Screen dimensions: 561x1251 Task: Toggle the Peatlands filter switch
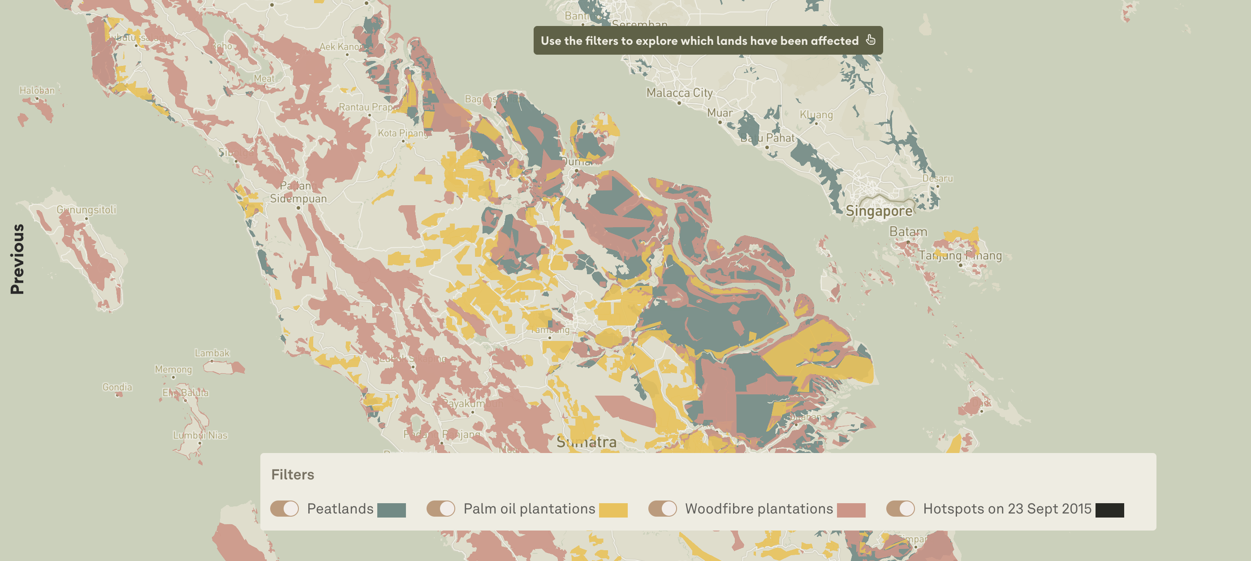(x=285, y=509)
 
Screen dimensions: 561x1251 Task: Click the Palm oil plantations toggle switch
(x=441, y=509)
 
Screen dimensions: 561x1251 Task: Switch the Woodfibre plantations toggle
(x=662, y=509)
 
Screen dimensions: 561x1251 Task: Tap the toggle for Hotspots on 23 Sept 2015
(x=900, y=509)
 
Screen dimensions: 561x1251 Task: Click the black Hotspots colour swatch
(x=1110, y=510)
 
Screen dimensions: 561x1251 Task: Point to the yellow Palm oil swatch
(x=613, y=510)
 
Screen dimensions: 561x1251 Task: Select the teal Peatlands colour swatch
(x=392, y=510)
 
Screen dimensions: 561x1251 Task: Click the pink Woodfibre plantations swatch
(x=851, y=510)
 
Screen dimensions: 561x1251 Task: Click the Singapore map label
(x=879, y=211)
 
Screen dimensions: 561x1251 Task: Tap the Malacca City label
(x=679, y=92)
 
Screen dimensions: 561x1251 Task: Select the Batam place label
(x=908, y=232)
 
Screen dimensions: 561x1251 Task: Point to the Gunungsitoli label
(x=86, y=210)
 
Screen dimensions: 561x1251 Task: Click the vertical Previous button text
(x=17, y=259)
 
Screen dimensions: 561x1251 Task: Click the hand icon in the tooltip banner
(x=870, y=40)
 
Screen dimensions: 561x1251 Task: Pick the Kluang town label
(x=816, y=115)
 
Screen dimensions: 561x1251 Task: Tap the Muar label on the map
(x=720, y=112)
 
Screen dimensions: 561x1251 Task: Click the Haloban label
(x=37, y=90)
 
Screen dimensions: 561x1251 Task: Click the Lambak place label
(x=212, y=353)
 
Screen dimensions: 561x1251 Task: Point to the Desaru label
(x=937, y=178)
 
